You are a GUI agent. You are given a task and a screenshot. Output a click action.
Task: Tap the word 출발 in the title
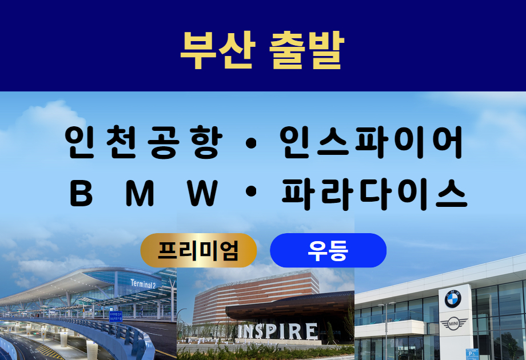coord(307,50)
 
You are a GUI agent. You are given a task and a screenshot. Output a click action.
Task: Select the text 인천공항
coord(144,142)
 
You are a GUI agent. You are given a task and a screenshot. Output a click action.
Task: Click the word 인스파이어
coord(371,142)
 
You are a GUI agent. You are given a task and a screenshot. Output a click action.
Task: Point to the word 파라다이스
coord(374,194)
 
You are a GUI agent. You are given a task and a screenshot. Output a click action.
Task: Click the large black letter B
coord(81,193)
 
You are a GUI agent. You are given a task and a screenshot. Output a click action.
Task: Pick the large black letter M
coord(140,193)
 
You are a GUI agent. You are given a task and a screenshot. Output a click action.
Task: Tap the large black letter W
coord(202,193)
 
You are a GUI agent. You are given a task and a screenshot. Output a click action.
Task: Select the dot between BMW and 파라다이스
coord(251,192)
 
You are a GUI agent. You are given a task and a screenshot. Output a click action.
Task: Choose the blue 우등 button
coord(328,250)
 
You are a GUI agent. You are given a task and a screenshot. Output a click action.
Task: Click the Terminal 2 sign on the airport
coord(144,284)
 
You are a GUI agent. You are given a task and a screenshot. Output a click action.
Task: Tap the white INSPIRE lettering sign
coord(278,331)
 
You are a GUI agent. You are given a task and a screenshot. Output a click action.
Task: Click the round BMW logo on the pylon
coord(453,299)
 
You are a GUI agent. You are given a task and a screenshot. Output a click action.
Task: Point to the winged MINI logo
coord(453,324)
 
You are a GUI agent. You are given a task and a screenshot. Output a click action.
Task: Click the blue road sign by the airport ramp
coord(115,317)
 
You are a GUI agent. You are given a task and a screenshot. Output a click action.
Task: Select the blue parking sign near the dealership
coord(472,354)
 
